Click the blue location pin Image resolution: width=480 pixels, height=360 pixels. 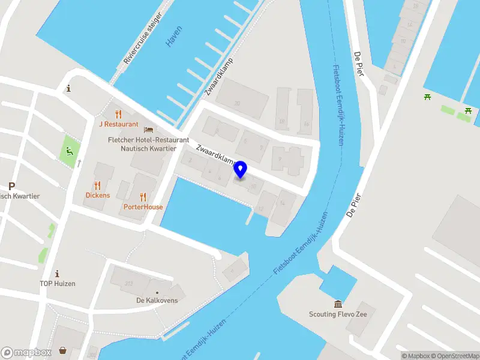point(241,170)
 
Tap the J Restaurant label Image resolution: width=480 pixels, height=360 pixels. point(119,124)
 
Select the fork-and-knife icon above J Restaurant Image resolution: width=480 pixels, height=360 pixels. point(118,114)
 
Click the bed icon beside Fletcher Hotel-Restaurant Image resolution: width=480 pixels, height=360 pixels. point(148,130)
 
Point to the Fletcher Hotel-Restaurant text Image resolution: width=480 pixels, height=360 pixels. point(148,140)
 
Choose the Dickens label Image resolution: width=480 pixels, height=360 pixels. point(98,195)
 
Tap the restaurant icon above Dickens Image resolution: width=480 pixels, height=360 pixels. point(97,185)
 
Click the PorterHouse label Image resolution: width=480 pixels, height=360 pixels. point(143,207)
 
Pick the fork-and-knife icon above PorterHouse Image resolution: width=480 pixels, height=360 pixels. point(143,197)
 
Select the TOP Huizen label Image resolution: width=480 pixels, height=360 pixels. point(58,283)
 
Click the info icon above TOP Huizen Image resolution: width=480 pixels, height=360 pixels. point(58,273)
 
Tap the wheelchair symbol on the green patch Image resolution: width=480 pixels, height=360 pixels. point(70,151)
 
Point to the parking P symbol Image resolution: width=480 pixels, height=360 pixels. point(11,186)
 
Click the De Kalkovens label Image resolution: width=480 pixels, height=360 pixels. point(157,300)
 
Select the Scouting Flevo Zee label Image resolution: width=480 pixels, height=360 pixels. point(338,314)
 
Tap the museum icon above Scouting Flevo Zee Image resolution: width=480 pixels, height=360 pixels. point(338,304)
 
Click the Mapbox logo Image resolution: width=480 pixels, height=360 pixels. point(27,353)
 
